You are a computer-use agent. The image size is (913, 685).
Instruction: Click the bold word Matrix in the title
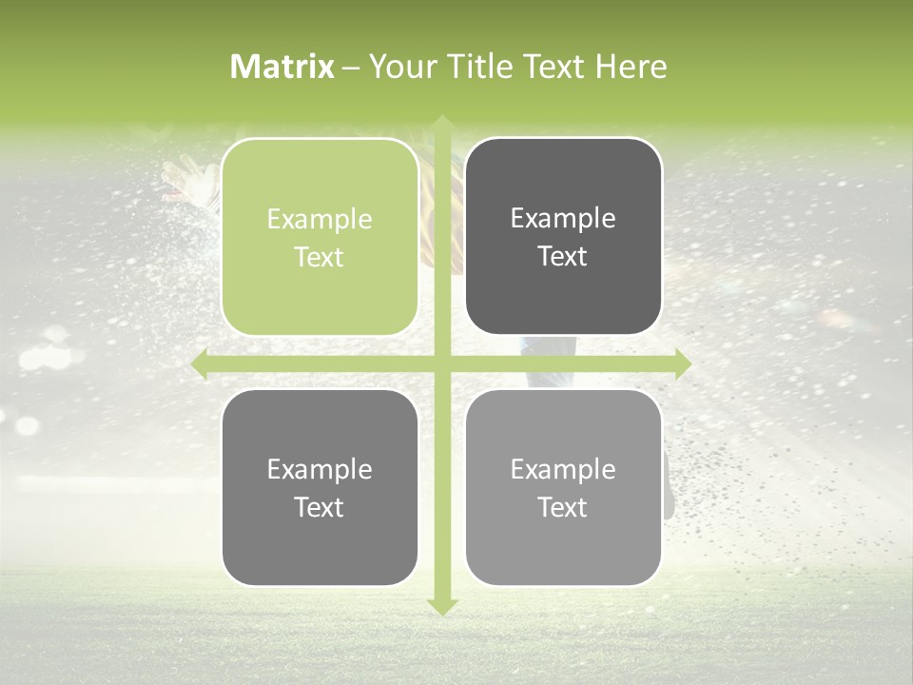(282, 67)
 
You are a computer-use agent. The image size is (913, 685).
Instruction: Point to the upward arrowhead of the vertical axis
(441, 124)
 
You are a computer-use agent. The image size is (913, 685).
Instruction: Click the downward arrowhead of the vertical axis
(441, 606)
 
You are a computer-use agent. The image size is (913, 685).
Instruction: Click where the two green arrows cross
(441, 364)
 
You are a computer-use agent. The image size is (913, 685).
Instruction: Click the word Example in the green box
(320, 220)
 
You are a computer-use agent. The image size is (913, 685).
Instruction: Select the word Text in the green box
(320, 258)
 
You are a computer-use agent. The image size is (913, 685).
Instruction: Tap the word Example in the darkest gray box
(563, 219)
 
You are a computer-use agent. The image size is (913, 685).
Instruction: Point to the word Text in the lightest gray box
(563, 508)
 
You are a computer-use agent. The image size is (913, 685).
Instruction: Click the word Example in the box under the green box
(320, 470)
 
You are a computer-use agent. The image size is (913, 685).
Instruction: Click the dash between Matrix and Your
(351, 68)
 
